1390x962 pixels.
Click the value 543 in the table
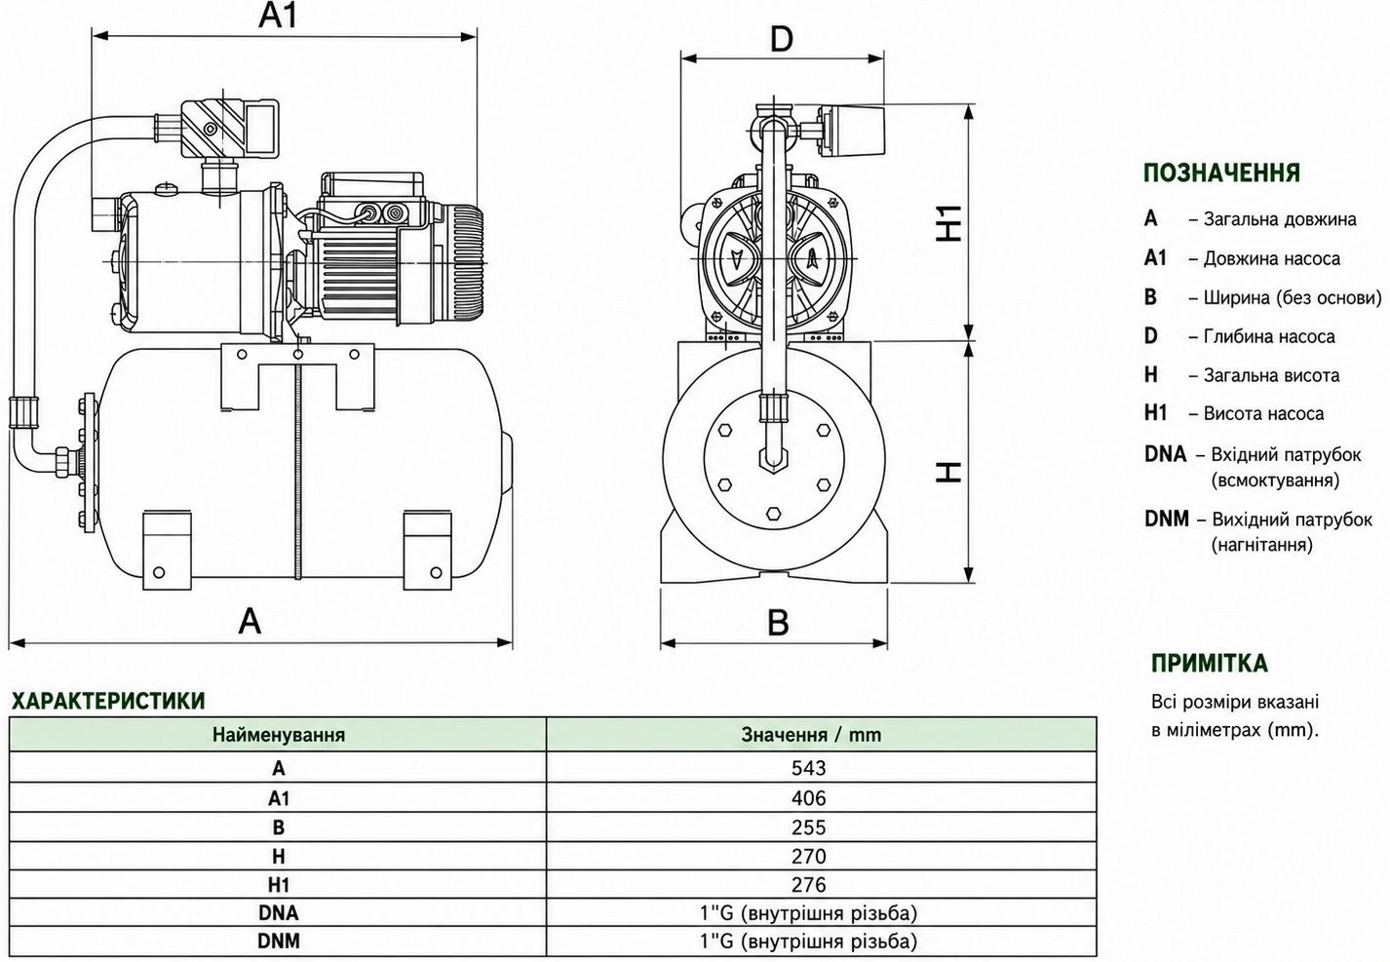click(x=808, y=768)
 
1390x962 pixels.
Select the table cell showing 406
click(x=808, y=798)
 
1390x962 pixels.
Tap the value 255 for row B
click(x=808, y=827)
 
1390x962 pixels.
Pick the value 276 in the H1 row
click(x=808, y=884)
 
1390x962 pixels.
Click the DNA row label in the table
click(x=279, y=913)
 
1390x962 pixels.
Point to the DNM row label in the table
click(x=279, y=942)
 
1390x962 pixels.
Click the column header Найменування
click(x=279, y=735)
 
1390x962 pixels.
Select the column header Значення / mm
click(x=811, y=735)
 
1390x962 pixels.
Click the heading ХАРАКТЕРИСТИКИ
click(x=108, y=701)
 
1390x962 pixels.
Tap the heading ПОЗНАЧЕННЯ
click(x=1221, y=173)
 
